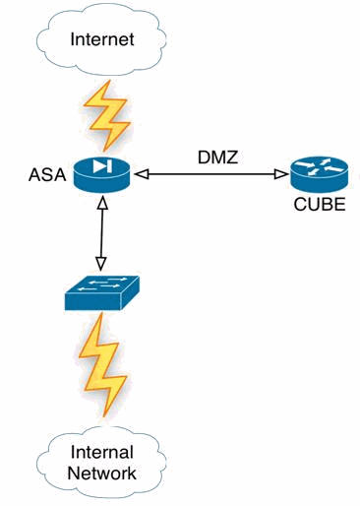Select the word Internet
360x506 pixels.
click(99, 40)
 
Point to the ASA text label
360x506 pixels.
click(48, 178)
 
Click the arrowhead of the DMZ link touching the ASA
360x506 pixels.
click(140, 174)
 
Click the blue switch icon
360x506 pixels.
click(101, 292)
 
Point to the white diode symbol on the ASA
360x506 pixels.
click(100, 167)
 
